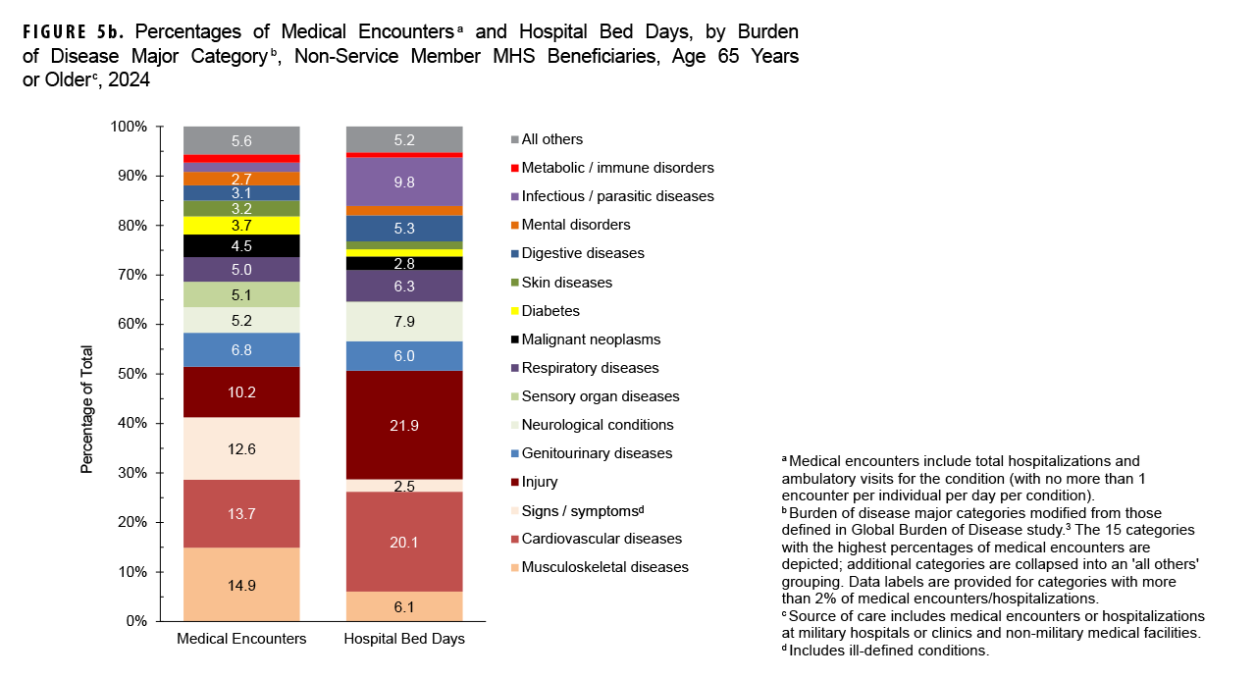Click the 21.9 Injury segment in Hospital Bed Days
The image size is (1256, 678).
point(404,427)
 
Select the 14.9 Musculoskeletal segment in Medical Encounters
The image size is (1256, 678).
point(241,584)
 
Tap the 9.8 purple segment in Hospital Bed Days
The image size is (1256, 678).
point(404,182)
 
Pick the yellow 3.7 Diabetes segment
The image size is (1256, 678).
point(241,226)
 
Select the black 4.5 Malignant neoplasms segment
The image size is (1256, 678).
point(241,246)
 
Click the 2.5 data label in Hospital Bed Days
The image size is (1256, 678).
point(404,486)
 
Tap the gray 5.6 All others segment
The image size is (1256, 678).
point(241,140)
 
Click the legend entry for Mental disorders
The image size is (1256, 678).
point(576,225)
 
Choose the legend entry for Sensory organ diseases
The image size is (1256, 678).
point(601,396)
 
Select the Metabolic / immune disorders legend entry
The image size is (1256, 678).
point(617,168)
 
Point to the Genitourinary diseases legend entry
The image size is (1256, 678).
point(597,453)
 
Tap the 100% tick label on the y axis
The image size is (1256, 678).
point(129,127)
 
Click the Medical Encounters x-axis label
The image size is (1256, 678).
point(241,639)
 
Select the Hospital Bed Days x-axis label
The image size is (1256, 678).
point(404,639)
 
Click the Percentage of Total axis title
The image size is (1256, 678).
point(86,409)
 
